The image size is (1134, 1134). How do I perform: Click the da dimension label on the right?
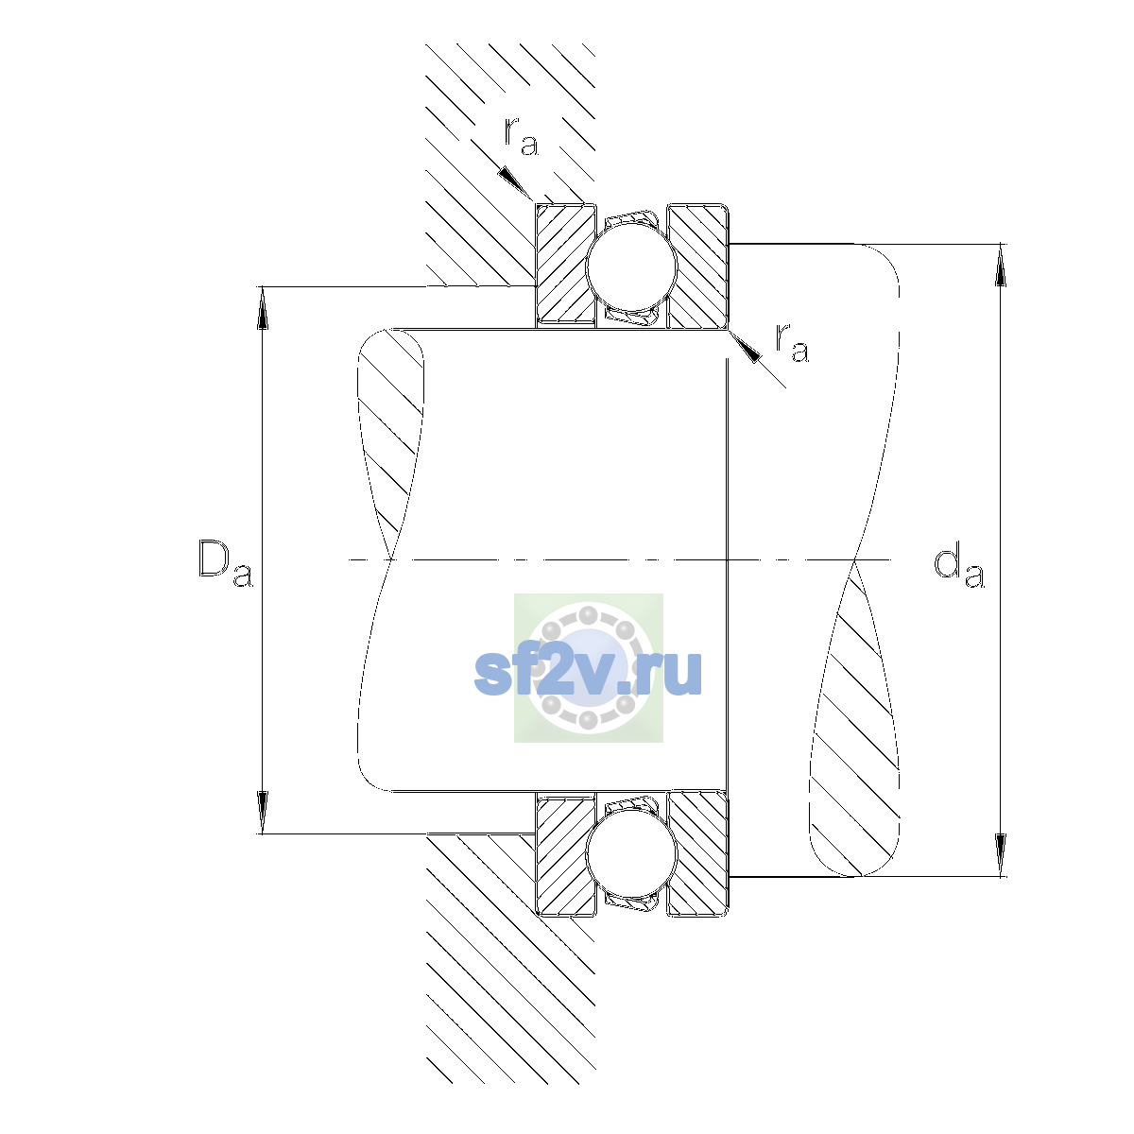tap(958, 567)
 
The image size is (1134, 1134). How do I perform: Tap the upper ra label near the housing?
tap(522, 136)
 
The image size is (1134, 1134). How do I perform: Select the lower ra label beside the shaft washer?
tap(792, 342)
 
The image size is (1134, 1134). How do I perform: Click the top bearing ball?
tap(631, 266)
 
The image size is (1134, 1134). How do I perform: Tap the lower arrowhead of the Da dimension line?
tap(263, 812)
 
